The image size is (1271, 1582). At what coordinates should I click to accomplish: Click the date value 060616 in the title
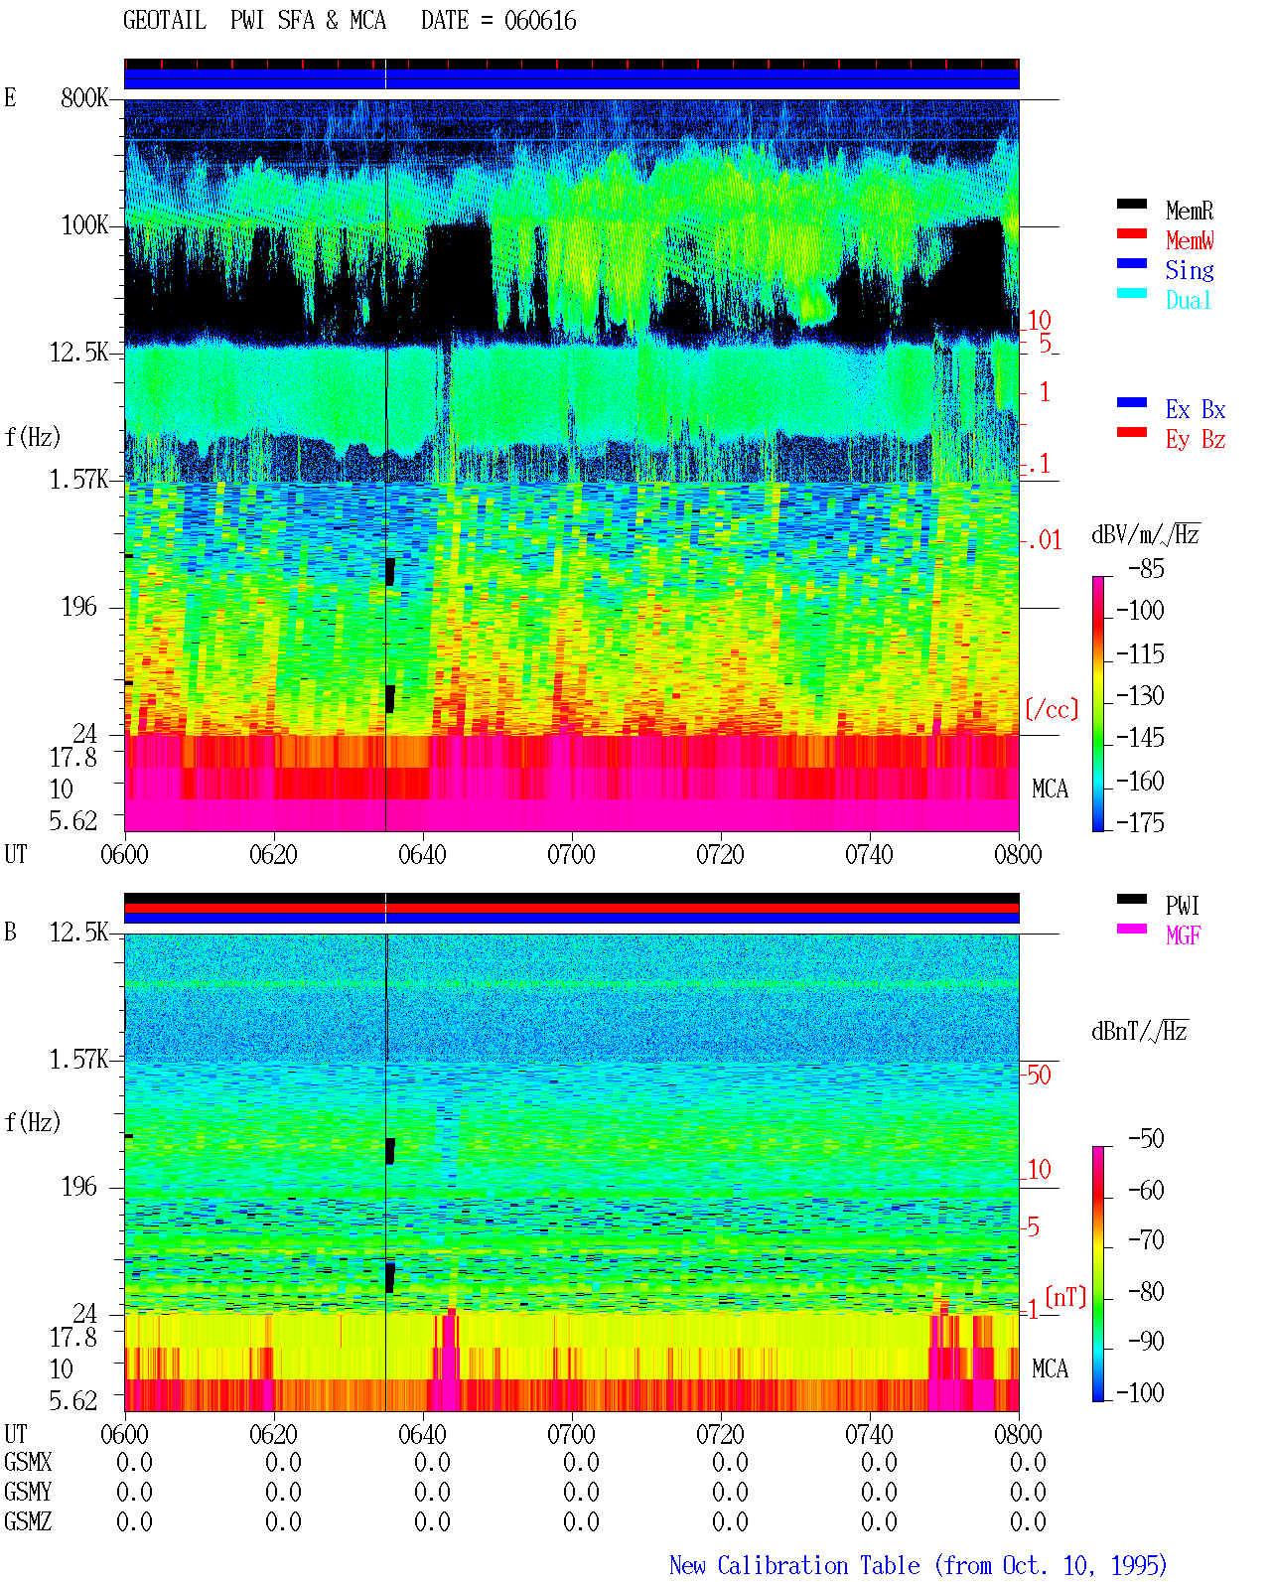tap(540, 21)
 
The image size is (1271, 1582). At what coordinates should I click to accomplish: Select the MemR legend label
tap(1190, 211)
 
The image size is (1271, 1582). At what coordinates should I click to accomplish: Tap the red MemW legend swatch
tap(1131, 233)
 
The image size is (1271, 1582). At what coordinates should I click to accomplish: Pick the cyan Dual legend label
tap(1189, 300)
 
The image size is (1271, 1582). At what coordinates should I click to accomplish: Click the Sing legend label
tap(1190, 270)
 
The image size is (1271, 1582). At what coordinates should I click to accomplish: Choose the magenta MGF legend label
tap(1184, 935)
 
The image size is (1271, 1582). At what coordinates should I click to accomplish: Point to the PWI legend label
tap(1183, 906)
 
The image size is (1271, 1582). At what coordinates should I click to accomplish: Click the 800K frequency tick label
tap(84, 97)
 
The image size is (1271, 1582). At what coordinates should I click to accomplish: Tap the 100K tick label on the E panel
tap(84, 225)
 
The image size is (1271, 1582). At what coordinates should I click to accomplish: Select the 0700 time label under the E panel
tap(571, 855)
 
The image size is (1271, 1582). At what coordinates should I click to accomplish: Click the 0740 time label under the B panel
tap(869, 1434)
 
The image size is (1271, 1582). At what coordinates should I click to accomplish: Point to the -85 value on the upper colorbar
tap(1146, 569)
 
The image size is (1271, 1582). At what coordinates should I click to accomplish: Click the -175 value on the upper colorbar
tap(1140, 822)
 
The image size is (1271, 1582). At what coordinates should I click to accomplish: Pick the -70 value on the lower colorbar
tap(1146, 1240)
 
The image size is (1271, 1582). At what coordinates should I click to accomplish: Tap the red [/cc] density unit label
tap(1052, 710)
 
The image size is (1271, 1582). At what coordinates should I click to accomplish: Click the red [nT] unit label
tap(1065, 1297)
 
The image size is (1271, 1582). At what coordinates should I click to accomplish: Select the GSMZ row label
tap(28, 1521)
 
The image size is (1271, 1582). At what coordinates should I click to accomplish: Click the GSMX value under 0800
tap(1028, 1462)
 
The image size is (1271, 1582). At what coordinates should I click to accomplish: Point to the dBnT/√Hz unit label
tap(1140, 1031)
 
